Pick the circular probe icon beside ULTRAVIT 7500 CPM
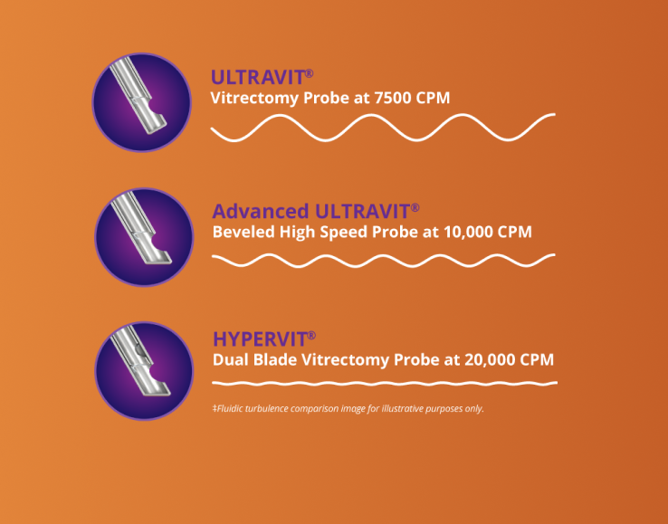pos(142,102)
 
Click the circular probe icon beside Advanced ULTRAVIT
pos(143,237)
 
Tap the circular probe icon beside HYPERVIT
pos(143,369)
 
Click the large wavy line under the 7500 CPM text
pos(383,129)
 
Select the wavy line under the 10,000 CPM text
pos(383,260)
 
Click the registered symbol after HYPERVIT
pos(311,335)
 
